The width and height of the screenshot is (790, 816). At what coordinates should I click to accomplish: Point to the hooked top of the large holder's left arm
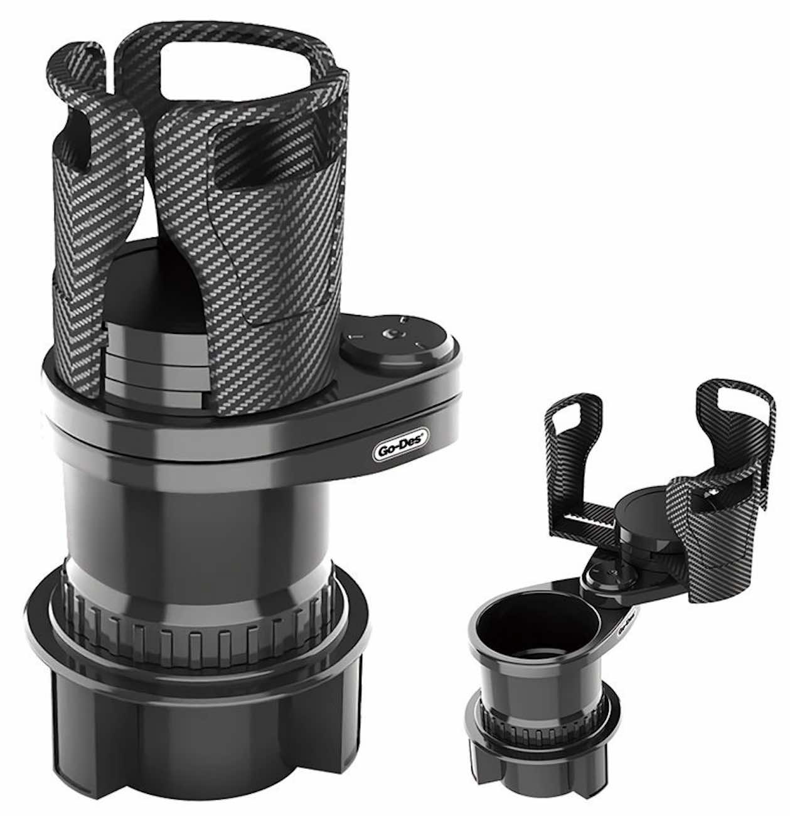(x=82, y=59)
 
